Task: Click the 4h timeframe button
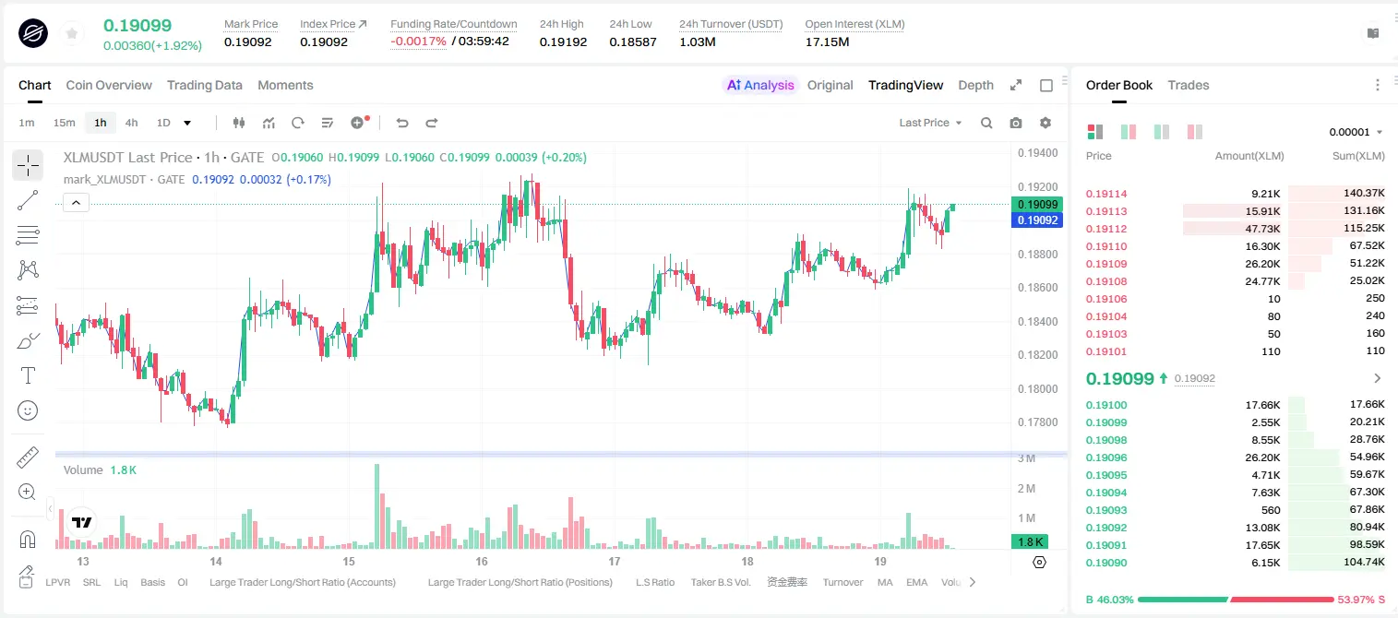click(x=131, y=123)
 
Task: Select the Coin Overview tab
click(x=109, y=85)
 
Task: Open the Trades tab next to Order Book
click(x=1189, y=85)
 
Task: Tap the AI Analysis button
click(x=760, y=85)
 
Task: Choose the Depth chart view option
click(x=976, y=85)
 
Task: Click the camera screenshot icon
click(x=1016, y=123)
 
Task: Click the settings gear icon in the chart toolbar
click(x=1046, y=123)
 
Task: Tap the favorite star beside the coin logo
click(x=72, y=33)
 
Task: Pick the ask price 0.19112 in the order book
click(x=1106, y=229)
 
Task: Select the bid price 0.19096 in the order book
click(x=1106, y=458)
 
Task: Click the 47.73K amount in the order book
click(x=1262, y=229)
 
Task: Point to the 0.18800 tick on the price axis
click(x=1038, y=254)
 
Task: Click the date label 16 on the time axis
click(x=481, y=561)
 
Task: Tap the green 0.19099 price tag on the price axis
click(x=1037, y=204)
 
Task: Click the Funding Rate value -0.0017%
click(x=418, y=42)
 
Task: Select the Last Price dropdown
click(x=930, y=123)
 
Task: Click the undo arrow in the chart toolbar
click(x=402, y=123)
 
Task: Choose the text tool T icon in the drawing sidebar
click(x=28, y=375)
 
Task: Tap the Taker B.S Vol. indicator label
click(x=721, y=582)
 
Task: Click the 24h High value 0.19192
click(x=564, y=42)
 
